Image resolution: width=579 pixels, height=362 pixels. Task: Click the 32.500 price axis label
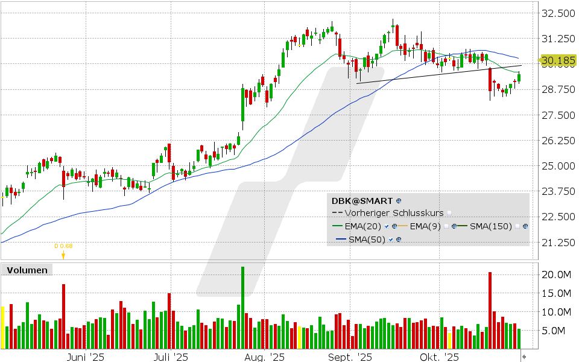pyautogui.click(x=558, y=13)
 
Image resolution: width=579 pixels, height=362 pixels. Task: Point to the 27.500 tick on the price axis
pyautogui.click(x=558, y=115)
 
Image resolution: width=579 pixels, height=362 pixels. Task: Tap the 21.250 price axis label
pyautogui.click(x=558, y=243)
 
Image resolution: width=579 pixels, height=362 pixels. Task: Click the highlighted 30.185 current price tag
pyautogui.click(x=557, y=60)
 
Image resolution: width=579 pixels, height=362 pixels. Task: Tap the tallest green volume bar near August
pyautogui.click(x=242, y=308)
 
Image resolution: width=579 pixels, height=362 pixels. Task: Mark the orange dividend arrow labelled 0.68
pyautogui.click(x=63, y=254)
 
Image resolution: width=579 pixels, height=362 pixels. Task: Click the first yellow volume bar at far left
pyautogui.click(x=2, y=327)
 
